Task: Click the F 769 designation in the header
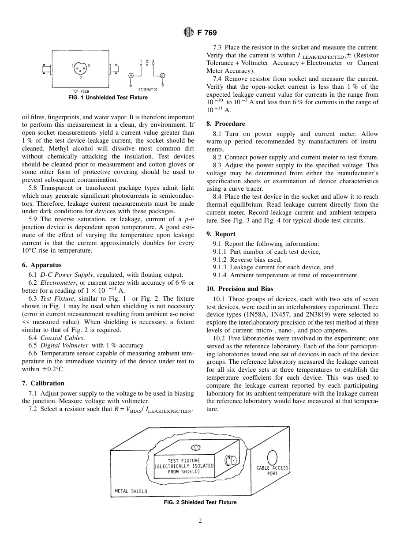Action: [x=207, y=33]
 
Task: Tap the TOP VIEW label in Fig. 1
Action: [x=80, y=91]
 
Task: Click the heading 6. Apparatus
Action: [x=42, y=265]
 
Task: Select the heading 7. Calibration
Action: [x=43, y=383]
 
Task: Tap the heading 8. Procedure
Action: [x=225, y=124]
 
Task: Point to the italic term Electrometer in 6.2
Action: [x=58, y=283]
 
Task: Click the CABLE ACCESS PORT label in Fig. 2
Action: [x=272, y=471]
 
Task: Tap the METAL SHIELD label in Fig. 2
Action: [x=131, y=491]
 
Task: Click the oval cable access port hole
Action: [x=272, y=457]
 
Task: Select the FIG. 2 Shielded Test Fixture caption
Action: [x=200, y=502]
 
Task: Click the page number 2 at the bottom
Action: [x=200, y=521]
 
